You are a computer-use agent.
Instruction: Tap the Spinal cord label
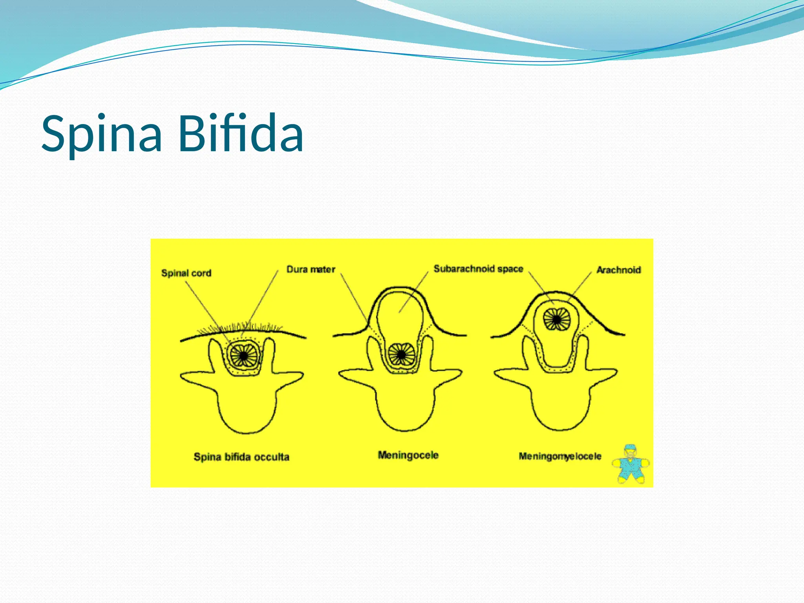(186, 273)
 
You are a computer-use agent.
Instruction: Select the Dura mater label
(311, 269)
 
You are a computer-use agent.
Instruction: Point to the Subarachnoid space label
(478, 269)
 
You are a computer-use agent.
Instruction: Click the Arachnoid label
(618, 270)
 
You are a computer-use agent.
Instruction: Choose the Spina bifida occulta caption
(241, 457)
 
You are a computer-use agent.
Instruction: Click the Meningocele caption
(408, 455)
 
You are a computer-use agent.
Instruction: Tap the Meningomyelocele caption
(560, 456)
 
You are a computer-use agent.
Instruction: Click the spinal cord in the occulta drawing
(243, 355)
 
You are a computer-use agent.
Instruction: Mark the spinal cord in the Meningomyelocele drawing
(557, 319)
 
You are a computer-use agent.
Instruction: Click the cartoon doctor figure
(630, 464)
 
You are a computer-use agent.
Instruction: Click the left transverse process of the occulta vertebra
(196, 378)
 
